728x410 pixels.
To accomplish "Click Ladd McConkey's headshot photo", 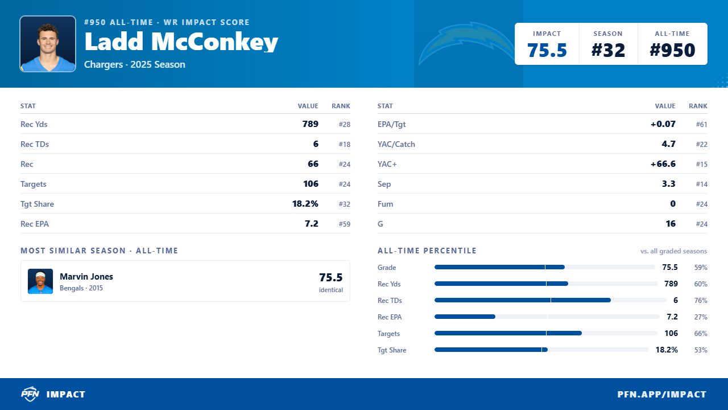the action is tap(48, 44).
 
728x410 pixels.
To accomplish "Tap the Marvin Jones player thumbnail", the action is tap(40, 281).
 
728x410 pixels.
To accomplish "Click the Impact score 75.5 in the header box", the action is tap(547, 50).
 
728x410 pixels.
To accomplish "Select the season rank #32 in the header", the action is tap(608, 50).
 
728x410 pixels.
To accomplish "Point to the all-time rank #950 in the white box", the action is tap(672, 50).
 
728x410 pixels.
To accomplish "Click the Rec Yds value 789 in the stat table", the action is tap(311, 124).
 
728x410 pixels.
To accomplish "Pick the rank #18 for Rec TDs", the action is tap(345, 144).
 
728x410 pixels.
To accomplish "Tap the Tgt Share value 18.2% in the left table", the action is tap(305, 204).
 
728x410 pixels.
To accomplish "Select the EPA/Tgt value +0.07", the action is tap(663, 124).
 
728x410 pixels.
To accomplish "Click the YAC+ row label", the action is tap(387, 164).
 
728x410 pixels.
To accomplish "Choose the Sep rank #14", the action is tap(702, 184).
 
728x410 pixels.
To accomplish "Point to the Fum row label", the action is tap(385, 204).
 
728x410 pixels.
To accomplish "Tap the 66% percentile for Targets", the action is tap(701, 334).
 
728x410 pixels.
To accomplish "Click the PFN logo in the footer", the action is tap(30, 394).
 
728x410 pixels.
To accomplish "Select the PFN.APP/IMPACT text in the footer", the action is tap(662, 395).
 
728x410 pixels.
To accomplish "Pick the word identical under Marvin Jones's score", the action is tap(331, 290).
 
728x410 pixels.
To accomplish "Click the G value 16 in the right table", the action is tap(671, 224).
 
